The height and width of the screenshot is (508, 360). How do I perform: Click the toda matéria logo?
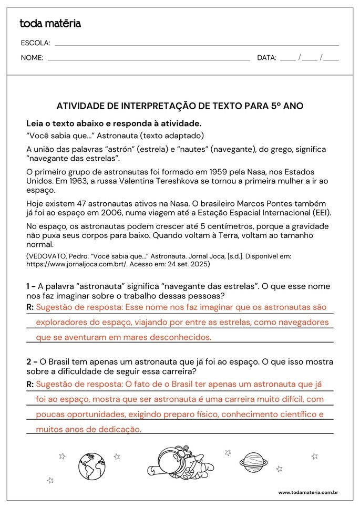[x=50, y=23]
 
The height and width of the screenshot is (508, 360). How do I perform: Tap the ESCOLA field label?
[x=35, y=43]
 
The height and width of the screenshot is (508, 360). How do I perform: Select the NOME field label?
[x=32, y=58]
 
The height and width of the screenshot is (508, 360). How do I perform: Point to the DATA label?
[x=266, y=58]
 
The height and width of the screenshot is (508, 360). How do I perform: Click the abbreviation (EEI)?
[x=323, y=213]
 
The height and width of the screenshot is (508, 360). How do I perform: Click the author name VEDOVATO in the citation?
[x=50, y=256]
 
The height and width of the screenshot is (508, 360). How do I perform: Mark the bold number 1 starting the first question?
[x=29, y=286]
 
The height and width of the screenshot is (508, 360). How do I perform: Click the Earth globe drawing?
[x=92, y=466]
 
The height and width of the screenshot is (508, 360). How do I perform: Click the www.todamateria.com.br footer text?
[x=307, y=492]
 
